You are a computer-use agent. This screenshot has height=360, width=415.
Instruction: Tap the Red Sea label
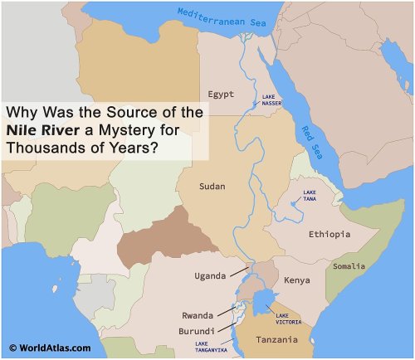[310, 141]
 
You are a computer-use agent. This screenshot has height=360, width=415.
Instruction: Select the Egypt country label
[222, 93]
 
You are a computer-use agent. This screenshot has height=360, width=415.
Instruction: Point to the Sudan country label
[212, 187]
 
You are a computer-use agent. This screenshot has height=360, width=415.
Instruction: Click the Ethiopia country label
[330, 235]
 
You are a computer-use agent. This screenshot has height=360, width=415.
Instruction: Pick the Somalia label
[348, 266]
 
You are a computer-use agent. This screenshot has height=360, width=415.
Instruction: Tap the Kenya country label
[297, 280]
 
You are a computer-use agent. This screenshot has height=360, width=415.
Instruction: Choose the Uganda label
[210, 275]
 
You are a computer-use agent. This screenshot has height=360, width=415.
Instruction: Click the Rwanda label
[198, 315]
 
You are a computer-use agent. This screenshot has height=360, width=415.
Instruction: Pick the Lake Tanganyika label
[212, 346]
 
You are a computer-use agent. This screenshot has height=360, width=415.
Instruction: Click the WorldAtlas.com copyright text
[49, 348]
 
